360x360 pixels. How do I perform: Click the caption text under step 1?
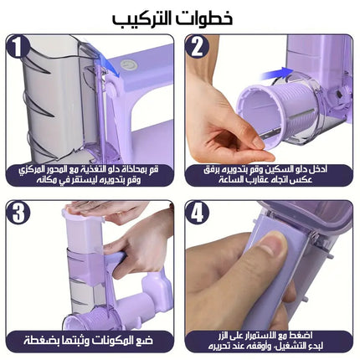(90, 175)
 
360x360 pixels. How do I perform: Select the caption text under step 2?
(269, 175)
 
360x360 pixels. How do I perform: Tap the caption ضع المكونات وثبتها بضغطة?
(90, 341)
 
